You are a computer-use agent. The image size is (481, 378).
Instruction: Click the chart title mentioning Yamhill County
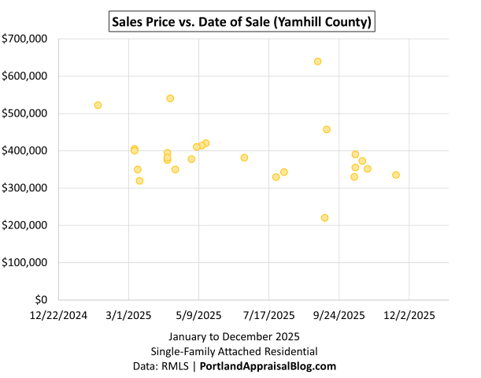[x=240, y=22]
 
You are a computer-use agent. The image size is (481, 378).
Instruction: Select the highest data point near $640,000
[x=317, y=61]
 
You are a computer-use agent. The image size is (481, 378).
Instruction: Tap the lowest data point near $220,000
[x=324, y=217]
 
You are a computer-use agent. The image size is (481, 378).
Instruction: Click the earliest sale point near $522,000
[x=98, y=105]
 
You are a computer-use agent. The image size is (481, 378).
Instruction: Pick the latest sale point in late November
[x=396, y=175]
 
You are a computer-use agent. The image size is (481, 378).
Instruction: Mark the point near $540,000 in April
[x=170, y=98]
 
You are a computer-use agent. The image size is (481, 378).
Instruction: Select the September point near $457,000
[x=327, y=129]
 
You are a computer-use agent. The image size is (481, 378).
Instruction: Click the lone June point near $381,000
[x=244, y=157]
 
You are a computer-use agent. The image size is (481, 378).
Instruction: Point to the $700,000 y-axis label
[x=24, y=39]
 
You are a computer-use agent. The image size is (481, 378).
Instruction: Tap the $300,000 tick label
[x=24, y=188]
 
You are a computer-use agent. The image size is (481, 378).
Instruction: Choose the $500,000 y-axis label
[x=24, y=113]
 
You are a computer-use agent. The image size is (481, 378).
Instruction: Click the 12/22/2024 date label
[x=58, y=315]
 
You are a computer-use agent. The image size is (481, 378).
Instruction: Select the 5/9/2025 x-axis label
[x=198, y=315]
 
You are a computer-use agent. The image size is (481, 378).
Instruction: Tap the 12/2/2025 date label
[x=409, y=315]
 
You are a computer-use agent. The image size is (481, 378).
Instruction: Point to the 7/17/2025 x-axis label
[x=268, y=315]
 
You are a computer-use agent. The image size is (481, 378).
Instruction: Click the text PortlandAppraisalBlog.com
[x=268, y=366]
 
